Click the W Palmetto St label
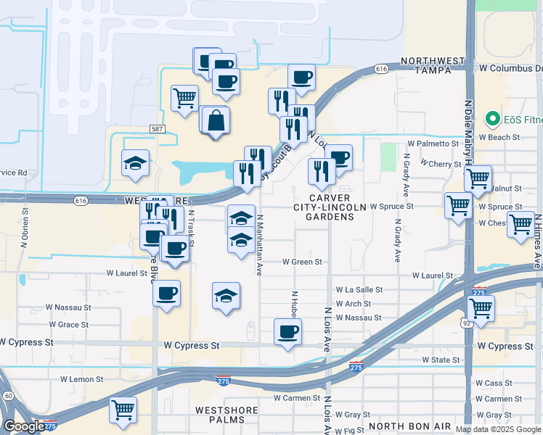433,144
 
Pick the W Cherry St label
439,165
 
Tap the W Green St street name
301,261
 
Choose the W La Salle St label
359,289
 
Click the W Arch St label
353,304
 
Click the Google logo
23,426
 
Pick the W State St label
442,360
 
